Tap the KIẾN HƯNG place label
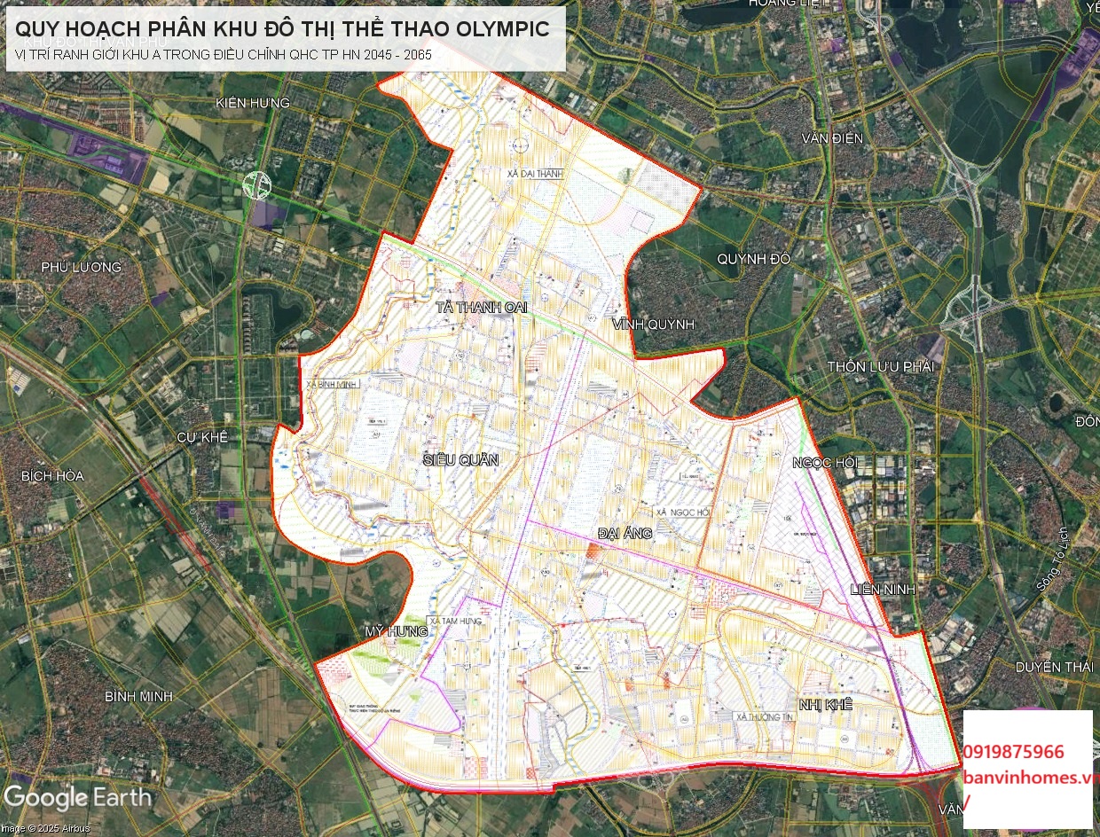click(x=253, y=103)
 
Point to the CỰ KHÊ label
click(x=202, y=437)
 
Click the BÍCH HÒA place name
click(x=52, y=476)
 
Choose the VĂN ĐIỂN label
click(x=831, y=138)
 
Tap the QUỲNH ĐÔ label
click(x=753, y=259)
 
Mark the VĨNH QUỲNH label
click(x=652, y=325)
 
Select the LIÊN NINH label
click(x=882, y=589)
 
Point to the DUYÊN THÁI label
click(x=1054, y=667)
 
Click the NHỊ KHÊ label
click(x=825, y=704)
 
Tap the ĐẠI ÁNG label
click(x=625, y=533)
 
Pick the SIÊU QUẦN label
click(x=461, y=459)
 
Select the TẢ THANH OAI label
click(x=482, y=307)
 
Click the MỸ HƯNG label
click(x=397, y=630)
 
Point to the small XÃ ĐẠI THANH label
click(x=536, y=174)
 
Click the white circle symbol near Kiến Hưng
click(x=257, y=184)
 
